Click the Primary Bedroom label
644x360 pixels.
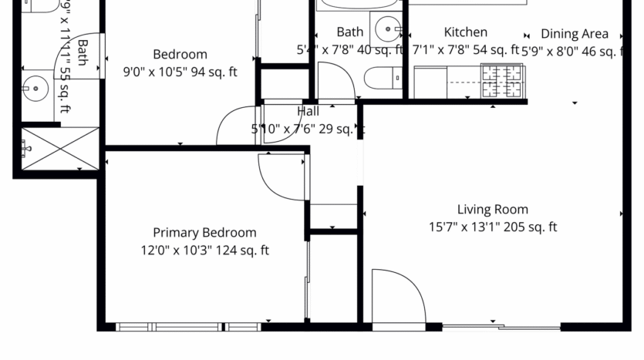tap(204, 233)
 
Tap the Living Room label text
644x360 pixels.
tap(492, 209)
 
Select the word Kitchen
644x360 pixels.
tap(465, 32)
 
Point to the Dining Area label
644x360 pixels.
tap(574, 34)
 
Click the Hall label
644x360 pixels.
tap(308, 112)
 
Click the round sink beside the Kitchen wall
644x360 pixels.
tap(388, 30)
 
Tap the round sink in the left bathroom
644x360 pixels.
tap(34, 89)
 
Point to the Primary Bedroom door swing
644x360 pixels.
tap(282, 176)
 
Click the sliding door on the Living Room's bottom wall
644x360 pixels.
tap(501, 328)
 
